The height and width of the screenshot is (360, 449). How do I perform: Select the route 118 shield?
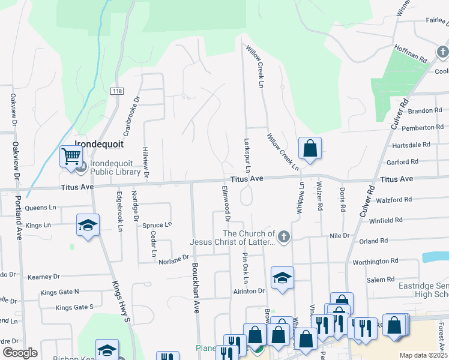point(116,91)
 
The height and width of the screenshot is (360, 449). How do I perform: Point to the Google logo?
point(20,353)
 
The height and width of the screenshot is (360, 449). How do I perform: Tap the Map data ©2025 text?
point(423,355)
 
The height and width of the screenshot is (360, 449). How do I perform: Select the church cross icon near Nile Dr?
point(284,237)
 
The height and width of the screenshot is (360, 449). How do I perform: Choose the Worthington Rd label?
point(375,261)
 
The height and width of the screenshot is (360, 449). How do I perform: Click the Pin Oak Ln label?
point(245,268)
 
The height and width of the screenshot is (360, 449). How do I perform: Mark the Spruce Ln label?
point(157,225)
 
